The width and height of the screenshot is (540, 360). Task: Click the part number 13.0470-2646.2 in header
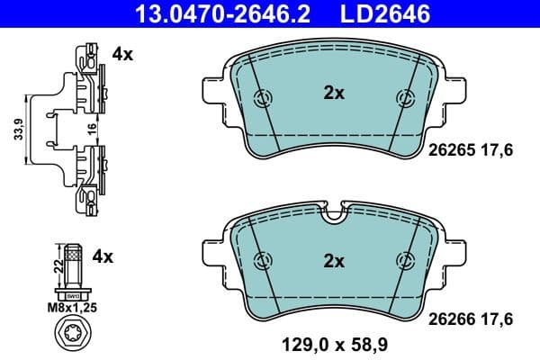click(208, 13)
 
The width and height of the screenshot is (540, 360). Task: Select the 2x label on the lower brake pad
click(334, 262)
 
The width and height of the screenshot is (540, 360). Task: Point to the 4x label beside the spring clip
click(122, 54)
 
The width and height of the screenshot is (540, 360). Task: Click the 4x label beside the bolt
click(104, 257)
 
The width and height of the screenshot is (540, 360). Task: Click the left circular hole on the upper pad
click(263, 100)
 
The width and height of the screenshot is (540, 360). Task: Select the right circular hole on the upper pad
click(404, 100)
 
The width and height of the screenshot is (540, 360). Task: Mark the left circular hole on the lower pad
click(263, 261)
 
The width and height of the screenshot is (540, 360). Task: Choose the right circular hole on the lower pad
click(404, 261)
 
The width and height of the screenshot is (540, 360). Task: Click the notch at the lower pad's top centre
click(333, 214)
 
